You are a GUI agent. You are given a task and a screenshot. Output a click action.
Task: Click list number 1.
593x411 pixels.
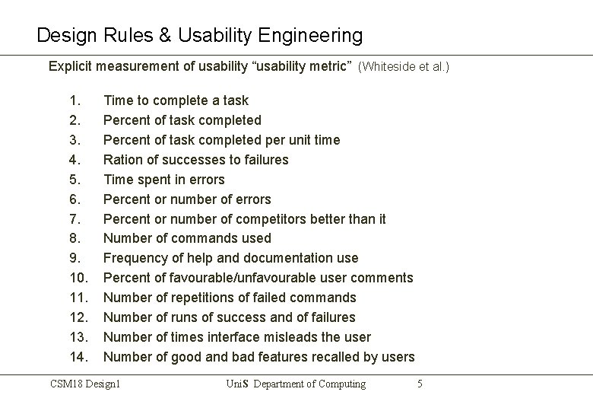click(x=74, y=100)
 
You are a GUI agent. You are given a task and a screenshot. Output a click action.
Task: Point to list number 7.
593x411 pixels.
click(x=74, y=218)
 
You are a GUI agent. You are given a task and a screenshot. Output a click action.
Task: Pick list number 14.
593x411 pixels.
click(x=77, y=357)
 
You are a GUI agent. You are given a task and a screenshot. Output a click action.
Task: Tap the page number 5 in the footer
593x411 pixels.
click(x=420, y=384)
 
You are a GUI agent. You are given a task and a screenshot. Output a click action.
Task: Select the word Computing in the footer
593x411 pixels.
click(x=338, y=384)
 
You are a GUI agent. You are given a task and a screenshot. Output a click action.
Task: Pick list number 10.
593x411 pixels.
click(x=77, y=278)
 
